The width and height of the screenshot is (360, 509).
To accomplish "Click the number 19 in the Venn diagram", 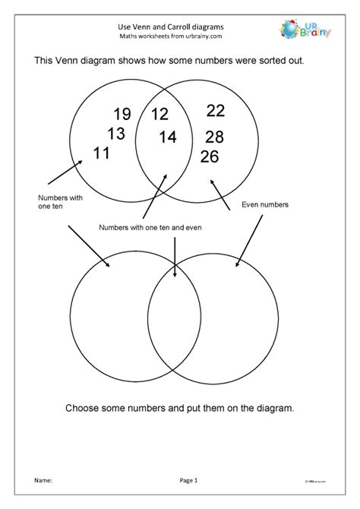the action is point(122,115).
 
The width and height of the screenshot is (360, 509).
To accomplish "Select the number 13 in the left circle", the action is point(115,134).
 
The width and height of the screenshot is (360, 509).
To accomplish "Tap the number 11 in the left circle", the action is point(102,153).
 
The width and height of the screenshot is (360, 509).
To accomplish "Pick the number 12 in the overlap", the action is point(159,115).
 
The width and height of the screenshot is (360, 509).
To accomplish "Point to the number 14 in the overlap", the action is point(167,138).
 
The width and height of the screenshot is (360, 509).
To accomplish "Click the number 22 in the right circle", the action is point(216,111).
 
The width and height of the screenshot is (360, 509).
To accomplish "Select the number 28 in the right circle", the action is point(214,138).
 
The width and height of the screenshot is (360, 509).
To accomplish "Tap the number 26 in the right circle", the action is point(210,156).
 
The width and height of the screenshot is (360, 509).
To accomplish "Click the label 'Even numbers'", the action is point(264,204).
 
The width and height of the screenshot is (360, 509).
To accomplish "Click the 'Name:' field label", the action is point(43,480).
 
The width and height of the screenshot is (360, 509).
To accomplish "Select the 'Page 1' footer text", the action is point(189,480).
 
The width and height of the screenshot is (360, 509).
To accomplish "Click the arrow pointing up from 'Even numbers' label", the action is point(219,193).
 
